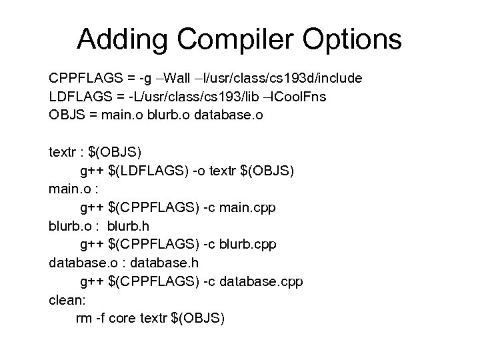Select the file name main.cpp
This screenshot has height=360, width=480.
click(x=247, y=207)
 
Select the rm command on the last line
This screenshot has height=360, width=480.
click(x=85, y=318)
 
